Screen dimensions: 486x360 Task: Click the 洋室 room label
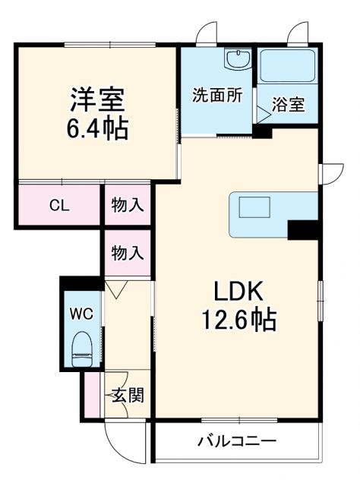tap(98, 99)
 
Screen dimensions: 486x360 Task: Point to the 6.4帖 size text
tap(98, 126)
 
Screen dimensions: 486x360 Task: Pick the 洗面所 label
tap(216, 96)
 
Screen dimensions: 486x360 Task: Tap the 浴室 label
tap(289, 104)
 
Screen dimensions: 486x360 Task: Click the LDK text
tap(236, 291)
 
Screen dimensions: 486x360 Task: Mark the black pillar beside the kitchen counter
tap(302, 229)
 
